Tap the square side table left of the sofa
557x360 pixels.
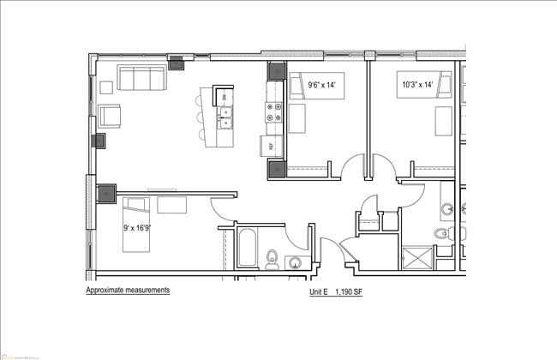click(107, 87)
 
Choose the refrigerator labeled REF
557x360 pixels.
click(271, 146)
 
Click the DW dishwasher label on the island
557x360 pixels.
click(225, 97)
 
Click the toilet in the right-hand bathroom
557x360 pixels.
click(441, 234)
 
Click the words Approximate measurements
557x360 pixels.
click(128, 290)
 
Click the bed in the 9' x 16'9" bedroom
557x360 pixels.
click(136, 224)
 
